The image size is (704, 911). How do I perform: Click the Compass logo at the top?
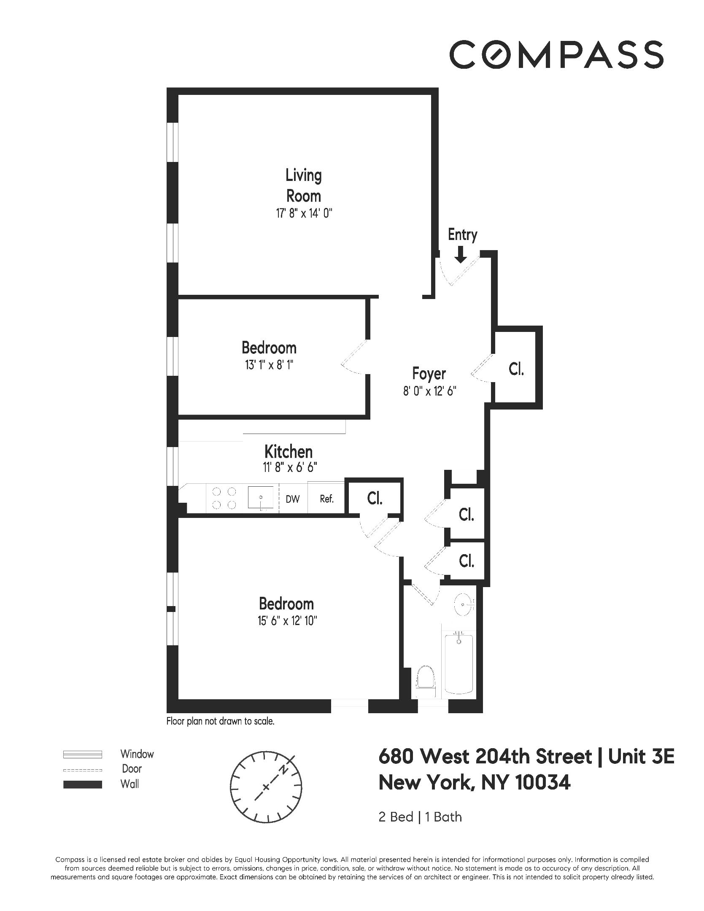pyautogui.click(x=556, y=54)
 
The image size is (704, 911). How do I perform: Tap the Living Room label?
pyautogui.click(x=304, y=185)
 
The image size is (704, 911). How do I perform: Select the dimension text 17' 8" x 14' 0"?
pyautogui.click(x=304, y=213)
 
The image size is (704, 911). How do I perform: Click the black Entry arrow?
pyautogui.click(x=461, y=254)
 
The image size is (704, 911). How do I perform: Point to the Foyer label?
pyautogui.click(x=429, y=374)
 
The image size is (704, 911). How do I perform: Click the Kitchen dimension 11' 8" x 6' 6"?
pyautogui.click(x=289, y=467)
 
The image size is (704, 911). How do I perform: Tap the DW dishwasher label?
pyautogui.click(x=293, y=499)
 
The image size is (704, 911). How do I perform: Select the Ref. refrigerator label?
pyautogui.click(x=326, y=499)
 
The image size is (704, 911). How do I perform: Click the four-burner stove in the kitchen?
pyautogui.click(x=224, y=498)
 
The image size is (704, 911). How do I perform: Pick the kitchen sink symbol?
pyautogui.click(x=260, y=498)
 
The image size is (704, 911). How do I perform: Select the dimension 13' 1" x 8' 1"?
pyautogui.click(x=269, y=365)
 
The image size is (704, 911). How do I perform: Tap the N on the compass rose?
pyautogui.click(x=286, y=770)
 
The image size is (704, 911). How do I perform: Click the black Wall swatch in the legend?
pyautogui.click(x=83, y=784)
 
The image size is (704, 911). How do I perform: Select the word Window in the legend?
pyautogui.click(x=137, y=754)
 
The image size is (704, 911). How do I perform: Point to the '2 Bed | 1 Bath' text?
pyautogui.click(x=420, y=817)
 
